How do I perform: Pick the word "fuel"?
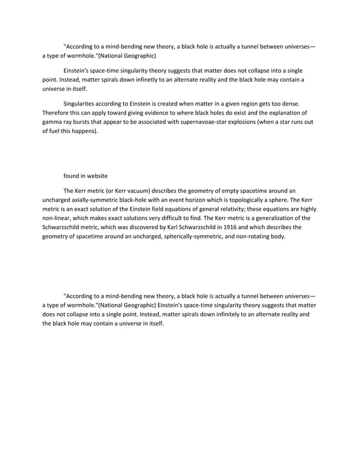point(55,131)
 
